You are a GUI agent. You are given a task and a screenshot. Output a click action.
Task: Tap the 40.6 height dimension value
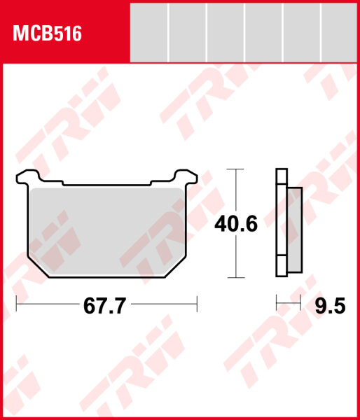pos(235,225)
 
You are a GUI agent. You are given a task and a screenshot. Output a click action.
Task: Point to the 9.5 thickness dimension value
pos(329,307)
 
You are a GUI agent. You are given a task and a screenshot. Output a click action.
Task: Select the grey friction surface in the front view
pos(106,227)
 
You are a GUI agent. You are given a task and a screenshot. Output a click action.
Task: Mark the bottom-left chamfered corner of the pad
pos(36,267)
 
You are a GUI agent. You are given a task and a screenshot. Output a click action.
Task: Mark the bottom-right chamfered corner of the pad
pos(176,267)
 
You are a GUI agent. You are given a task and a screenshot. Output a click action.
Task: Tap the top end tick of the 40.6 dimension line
pos(235,169)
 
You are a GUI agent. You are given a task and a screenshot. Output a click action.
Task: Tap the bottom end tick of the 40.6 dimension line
pos(235,279)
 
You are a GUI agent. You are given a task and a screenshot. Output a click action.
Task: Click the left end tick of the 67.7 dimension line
pos(16,304)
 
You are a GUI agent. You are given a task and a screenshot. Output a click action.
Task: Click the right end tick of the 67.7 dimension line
pos(198,304)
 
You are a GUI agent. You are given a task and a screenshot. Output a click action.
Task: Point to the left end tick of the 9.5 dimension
pos(277,304)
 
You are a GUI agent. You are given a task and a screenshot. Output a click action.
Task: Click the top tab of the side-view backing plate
pos(282,178)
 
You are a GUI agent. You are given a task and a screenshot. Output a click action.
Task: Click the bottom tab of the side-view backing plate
pos(282,267)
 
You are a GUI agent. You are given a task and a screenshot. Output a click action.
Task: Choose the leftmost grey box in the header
pos(150,31)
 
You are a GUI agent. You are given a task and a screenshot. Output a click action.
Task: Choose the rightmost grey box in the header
pos(340,31)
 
